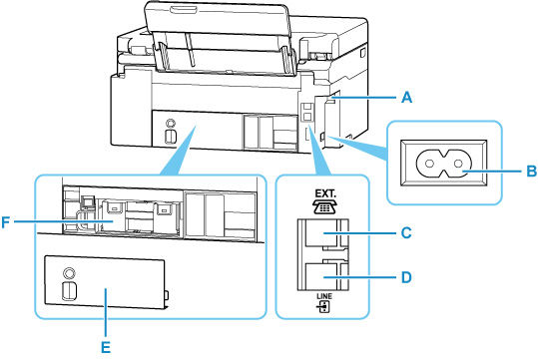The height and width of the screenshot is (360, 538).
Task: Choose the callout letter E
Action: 105,348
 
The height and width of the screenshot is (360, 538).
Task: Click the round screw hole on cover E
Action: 68,271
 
